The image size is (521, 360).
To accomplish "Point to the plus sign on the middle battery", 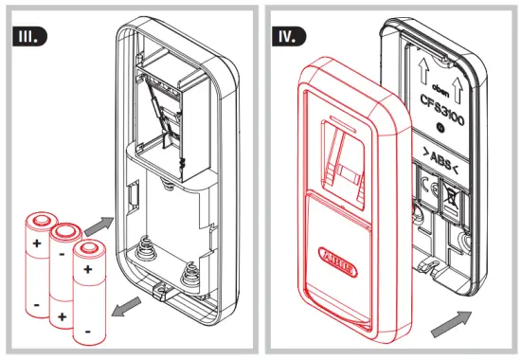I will pos(62,315).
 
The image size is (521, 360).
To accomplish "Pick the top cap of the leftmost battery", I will pos(42,218).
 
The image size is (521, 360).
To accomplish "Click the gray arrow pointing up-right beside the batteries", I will pos(98,225).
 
